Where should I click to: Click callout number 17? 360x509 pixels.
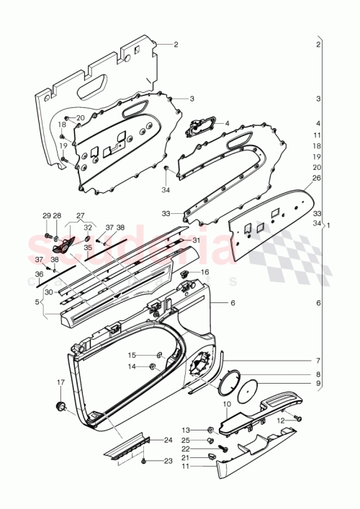60,382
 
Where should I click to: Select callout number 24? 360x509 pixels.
168,438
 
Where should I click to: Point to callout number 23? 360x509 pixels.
168,461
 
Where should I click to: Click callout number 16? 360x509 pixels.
205,272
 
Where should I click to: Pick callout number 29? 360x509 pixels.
47,215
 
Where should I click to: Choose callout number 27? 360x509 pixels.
80,215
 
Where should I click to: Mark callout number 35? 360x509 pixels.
88,247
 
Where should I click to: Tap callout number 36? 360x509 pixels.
40,274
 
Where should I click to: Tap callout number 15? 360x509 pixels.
132,355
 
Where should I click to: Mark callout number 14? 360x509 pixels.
132,366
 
